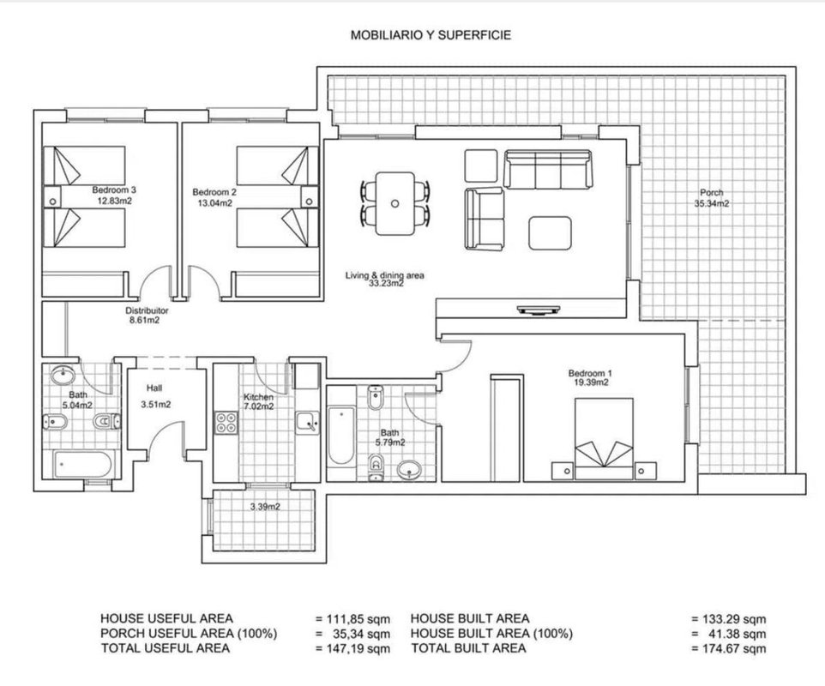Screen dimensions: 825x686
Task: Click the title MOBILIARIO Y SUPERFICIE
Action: [431, 35]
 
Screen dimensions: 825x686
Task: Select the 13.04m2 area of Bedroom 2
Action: [214, 203]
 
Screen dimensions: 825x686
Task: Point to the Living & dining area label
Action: [384, 274]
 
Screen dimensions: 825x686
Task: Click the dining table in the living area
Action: [395, 203]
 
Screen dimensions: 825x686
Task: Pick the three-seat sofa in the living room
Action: [548, 169]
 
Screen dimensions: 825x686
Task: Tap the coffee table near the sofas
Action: [550, 232]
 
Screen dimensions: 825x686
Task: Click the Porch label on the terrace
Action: [711, 193]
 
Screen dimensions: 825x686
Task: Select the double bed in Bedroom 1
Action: [604, 439]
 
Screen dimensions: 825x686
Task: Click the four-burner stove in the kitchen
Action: [226, 423]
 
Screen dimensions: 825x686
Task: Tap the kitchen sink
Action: [307, 423]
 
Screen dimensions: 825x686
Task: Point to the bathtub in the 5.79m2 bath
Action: [341, 435]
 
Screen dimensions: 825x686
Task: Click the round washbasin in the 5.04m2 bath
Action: [63, 375]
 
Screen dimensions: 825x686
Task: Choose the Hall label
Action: [154, 388]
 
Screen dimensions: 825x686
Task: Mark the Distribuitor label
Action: [147, 310]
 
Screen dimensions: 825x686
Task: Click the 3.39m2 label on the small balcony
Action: [265, 507]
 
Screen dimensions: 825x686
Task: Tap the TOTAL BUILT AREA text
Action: [469, 648]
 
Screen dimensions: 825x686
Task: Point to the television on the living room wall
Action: [539, 310]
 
